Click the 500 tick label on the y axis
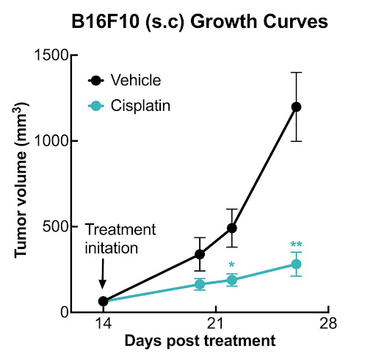tap(53, 226)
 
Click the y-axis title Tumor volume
tap(23, 184)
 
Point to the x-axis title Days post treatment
tap(200, 342)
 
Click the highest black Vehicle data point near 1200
tap(297, 107)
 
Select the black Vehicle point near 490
tap(232, 228)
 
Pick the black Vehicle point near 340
tap(199, 254)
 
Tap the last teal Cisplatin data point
tap(297, 264)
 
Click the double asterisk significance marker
tap(297, 245)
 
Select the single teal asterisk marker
tap(232, 265)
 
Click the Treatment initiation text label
tap(112, 239)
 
